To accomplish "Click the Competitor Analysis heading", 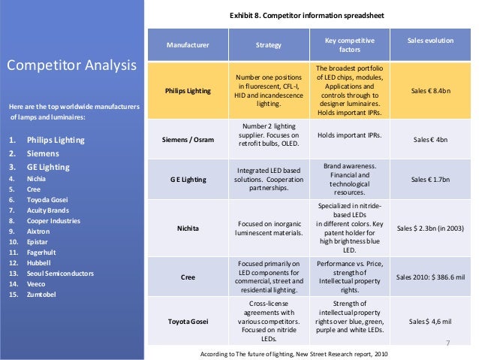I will point(71,65).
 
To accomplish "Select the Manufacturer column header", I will point(188,45).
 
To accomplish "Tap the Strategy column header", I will point(268,45).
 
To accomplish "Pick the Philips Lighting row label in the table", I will point(188,92).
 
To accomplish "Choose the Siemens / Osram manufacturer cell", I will point(188,139).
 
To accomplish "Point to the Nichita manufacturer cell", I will point(188,227).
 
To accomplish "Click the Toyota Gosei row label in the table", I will point(188,322).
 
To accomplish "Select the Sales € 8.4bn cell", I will point(430,92).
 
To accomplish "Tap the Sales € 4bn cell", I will point(430,139).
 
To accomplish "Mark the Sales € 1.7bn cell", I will point(430,180).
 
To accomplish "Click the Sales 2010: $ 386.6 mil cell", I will point(430,277).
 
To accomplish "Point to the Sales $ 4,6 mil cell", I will point(430,322).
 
